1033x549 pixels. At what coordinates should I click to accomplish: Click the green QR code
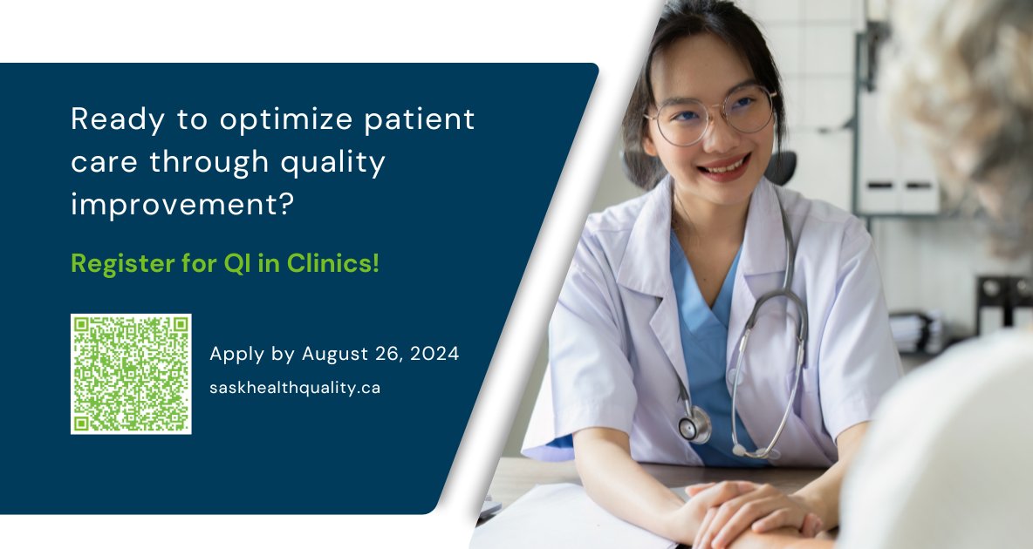click(131, 374)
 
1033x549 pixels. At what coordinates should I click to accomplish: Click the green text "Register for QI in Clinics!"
click(225, 263)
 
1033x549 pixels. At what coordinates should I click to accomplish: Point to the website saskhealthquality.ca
click(295, 388)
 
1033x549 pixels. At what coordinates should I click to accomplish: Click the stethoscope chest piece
click(695, 426)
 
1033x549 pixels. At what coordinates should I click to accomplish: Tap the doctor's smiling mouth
click(723, 166)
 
